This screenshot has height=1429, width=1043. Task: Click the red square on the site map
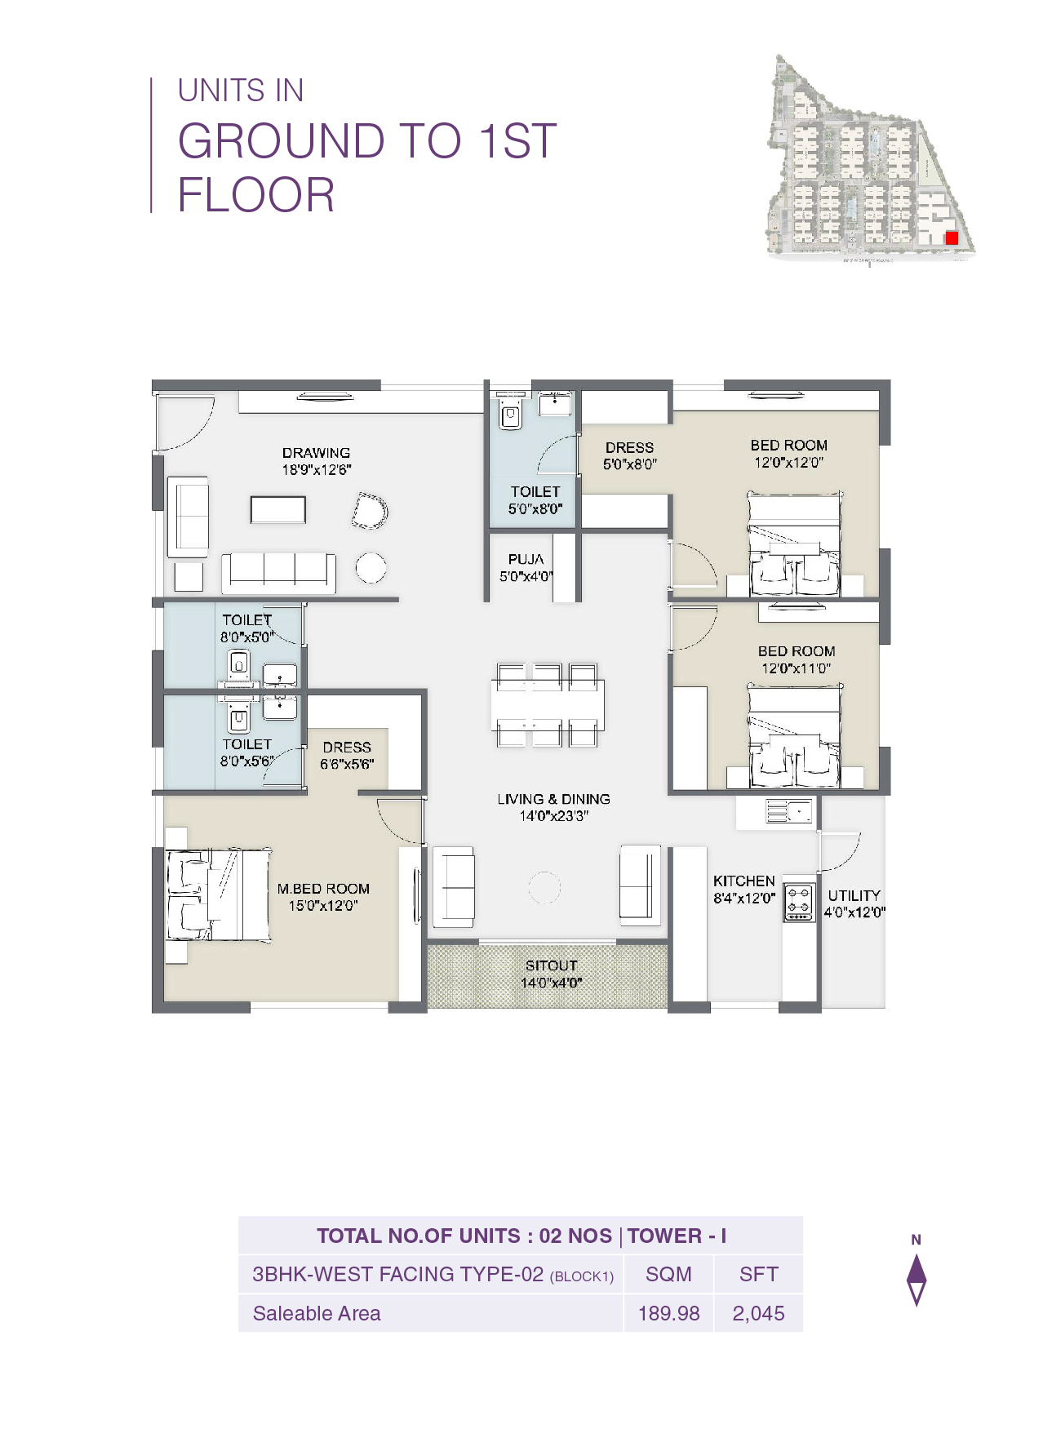(951, 238)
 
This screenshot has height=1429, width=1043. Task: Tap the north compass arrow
(917, 1279)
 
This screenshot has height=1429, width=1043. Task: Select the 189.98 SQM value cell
(668, 1313)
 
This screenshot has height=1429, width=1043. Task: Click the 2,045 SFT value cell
(758, 1313)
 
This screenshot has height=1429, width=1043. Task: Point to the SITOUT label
(551, 965)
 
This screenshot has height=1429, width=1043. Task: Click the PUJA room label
(526, 560)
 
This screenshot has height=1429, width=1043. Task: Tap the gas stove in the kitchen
(799, 903)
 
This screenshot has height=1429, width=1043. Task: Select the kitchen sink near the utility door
(788, 811)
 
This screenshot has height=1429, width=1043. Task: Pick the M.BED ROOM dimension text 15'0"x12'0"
(323, 906)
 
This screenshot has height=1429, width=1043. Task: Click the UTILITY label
(854, 895)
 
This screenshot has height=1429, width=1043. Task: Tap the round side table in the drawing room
(371, 568)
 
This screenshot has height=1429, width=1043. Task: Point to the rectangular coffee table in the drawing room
(277, 510)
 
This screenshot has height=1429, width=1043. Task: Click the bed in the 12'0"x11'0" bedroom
(794, 737)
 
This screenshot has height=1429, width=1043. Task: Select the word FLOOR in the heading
(256, 195)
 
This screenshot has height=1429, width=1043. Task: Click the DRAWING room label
(316, 453)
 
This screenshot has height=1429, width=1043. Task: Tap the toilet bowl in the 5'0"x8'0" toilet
(510, 416)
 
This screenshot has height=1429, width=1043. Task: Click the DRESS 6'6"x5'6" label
(347, 748)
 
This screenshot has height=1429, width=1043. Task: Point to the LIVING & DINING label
(553, 800)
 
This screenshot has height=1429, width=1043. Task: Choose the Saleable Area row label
(317, 1313)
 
